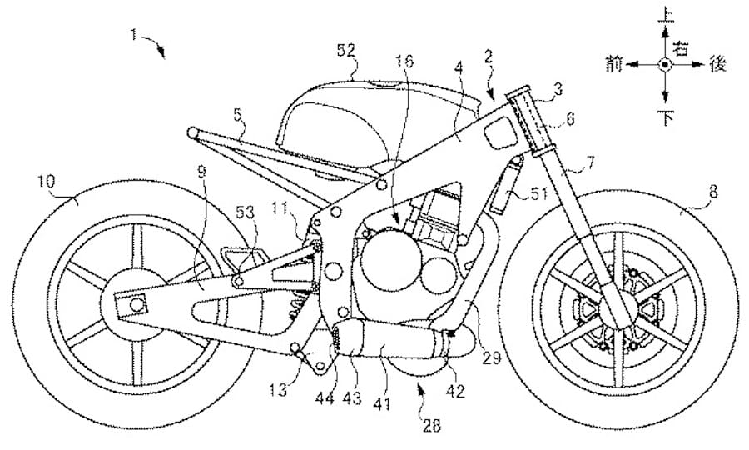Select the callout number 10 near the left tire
pos(47,179)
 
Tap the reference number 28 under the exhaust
pos(430,426)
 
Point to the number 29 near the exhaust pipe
pos(490,359)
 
